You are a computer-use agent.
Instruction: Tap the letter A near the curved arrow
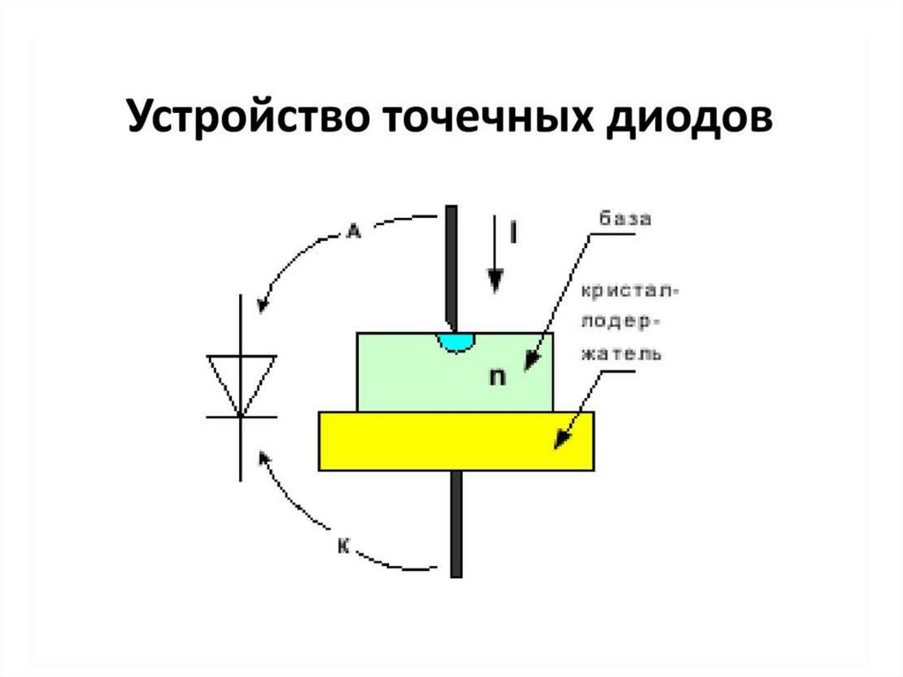pyautogui.click(x=354, y=232)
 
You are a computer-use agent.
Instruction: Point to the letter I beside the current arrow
pyautogui.click(x=515, y=232)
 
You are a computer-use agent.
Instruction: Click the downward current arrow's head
pyautogui.click(x=496, y=281)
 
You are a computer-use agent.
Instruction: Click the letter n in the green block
pyautogui.click(x=498, y=377)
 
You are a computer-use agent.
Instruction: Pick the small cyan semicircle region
pyautogui.click(x=456, y=342)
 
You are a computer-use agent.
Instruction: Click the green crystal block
pyautogui.click(x=414, y=375)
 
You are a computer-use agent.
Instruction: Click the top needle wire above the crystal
pyautogui.click(x=451, y=265)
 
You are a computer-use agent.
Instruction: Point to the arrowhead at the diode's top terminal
pyautogui.click(x=261, y=305)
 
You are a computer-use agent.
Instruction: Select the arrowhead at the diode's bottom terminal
pyautogui.click(x=263, y=457)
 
